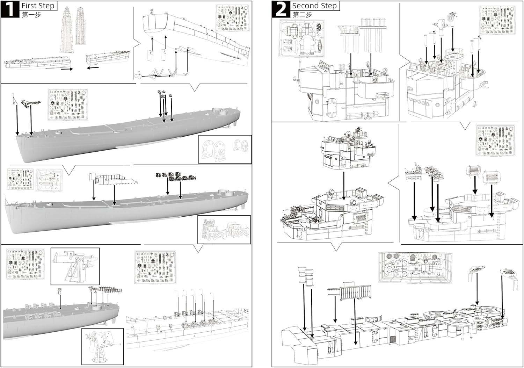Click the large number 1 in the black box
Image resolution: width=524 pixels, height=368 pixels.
[10, 9]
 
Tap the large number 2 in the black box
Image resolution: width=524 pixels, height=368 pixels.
[281, 9]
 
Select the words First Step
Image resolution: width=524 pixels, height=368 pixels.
[38, 6]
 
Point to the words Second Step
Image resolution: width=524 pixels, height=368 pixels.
[314, 6]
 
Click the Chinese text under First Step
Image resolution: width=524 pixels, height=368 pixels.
[31, 15]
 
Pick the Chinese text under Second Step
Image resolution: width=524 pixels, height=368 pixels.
[302, 15]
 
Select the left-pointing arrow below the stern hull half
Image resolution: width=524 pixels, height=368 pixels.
[93, 68]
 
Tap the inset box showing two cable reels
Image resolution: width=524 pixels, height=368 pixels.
[225, 149]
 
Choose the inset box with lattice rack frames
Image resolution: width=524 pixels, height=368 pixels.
[224, 230]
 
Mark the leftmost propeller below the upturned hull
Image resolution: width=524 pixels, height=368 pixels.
[138, 75]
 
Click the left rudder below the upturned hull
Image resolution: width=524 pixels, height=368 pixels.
[150, 56]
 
